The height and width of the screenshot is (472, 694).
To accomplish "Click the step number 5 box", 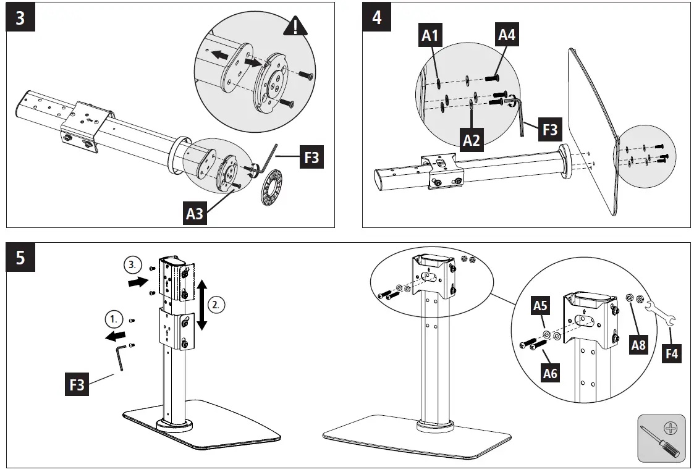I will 20,257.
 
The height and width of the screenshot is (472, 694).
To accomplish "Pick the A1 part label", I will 430,36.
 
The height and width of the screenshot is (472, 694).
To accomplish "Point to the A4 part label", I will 507,36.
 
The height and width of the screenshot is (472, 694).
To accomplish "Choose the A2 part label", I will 471,140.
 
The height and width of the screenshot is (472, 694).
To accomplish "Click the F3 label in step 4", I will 549,129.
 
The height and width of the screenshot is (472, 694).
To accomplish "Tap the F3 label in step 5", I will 77,386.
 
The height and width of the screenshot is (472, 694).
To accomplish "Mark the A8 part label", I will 638,345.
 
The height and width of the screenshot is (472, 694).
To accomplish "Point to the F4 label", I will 671,353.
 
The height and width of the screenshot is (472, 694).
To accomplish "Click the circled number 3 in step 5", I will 132,264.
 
